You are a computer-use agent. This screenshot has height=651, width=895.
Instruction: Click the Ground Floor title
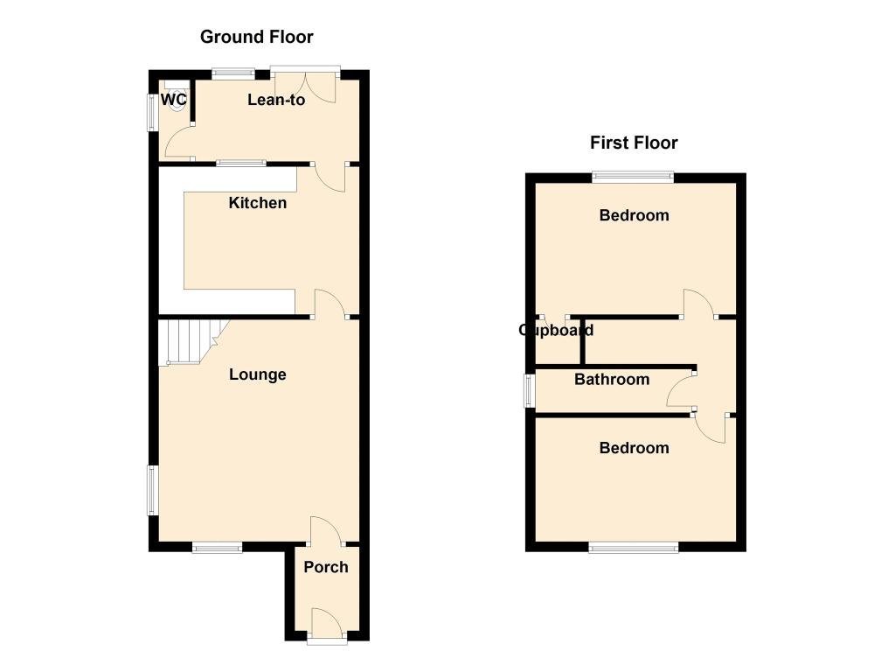pos(256,37)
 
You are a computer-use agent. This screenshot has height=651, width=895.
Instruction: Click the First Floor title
pos(634,143)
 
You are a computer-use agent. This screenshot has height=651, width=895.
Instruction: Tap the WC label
pos(174,100)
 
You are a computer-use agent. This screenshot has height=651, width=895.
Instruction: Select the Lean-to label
pos(276,100)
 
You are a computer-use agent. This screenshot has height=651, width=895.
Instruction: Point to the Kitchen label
pos(257,203)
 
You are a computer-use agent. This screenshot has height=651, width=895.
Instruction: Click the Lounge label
pos(257,374)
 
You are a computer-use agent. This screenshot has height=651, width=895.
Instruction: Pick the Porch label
pos(326,567)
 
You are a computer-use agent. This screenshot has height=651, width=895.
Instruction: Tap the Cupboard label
pos(556,330)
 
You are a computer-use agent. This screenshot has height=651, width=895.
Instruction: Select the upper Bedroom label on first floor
pos(634,215)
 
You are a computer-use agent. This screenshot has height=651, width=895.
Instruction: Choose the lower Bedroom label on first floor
pos(634,448)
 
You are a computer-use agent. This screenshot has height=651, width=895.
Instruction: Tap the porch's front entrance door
pos(325,622)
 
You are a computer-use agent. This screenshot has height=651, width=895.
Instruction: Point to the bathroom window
pos(528,390)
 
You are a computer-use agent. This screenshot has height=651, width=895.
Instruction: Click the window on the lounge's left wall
pos(151,490)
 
